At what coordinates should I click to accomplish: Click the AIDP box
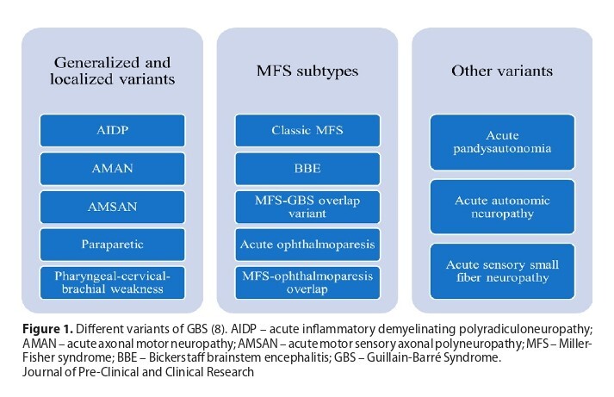[x=113, y=130]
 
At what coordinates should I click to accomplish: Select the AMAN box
[x=113, y=169]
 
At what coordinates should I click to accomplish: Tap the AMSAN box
[x=113, y=207]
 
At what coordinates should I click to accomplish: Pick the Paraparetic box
[x=113, y=245]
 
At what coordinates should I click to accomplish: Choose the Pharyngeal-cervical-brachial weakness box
[x=113, y=282]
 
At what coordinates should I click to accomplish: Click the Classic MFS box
[x=307, y=130]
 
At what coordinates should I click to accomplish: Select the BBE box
[x=307, y=169]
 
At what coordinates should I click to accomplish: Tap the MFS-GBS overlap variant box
[x=307, y=207]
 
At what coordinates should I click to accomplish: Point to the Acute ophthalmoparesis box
[x=307, y=245]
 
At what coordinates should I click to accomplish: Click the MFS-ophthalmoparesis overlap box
[x=307, y=282]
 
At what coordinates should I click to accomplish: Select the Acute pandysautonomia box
[x=502, y=142]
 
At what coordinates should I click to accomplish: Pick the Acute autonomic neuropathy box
[x=502, y=207]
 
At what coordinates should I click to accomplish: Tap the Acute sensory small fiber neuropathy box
[x=502, y=271]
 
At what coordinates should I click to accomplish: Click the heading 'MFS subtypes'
[x=307, y=71]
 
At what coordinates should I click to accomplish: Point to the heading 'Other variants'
[x=502, y=71]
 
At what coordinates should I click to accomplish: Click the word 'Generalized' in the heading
[x=96, y=63]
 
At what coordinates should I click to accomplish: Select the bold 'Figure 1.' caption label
[x=47, y=329]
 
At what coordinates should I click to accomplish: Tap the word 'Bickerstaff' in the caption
[x=178, y=357]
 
